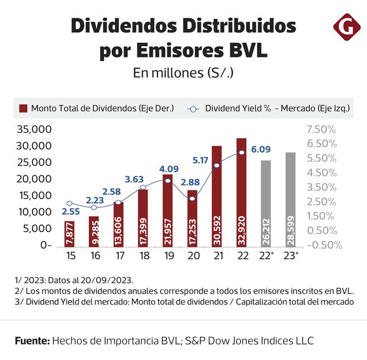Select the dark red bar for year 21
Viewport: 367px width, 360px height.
point(217,195)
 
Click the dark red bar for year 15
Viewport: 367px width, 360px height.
point(70,233)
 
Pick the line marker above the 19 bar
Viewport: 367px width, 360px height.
point(168,181)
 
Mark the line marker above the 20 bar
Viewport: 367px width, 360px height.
point(192,198)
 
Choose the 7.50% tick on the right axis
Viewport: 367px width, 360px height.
point(321,129)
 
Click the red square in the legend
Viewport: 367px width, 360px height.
point(24,109)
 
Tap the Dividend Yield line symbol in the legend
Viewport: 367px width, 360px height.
point(194,109)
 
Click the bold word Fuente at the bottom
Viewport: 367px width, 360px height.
point(32,341)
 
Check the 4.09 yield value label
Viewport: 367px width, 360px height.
point(170,168)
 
